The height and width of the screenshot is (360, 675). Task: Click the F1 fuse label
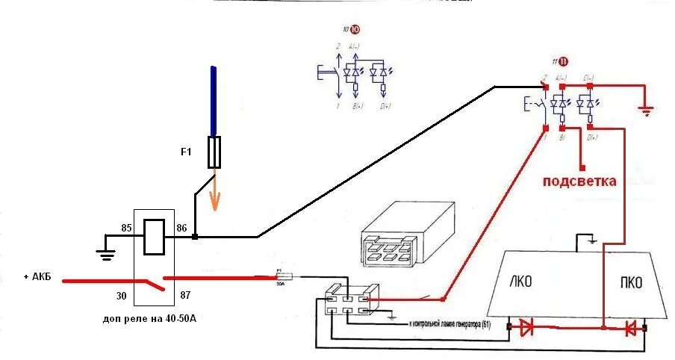[x=187, y=152]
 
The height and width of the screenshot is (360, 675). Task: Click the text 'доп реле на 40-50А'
[x=154, y=319]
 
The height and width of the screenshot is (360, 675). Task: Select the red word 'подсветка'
[x=579, y=181]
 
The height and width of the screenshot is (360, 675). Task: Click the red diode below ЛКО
[x=527, y=326]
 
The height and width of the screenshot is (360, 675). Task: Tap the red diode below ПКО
[x=631, y=327]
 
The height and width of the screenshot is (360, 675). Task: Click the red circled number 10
[x=354, y=31]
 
